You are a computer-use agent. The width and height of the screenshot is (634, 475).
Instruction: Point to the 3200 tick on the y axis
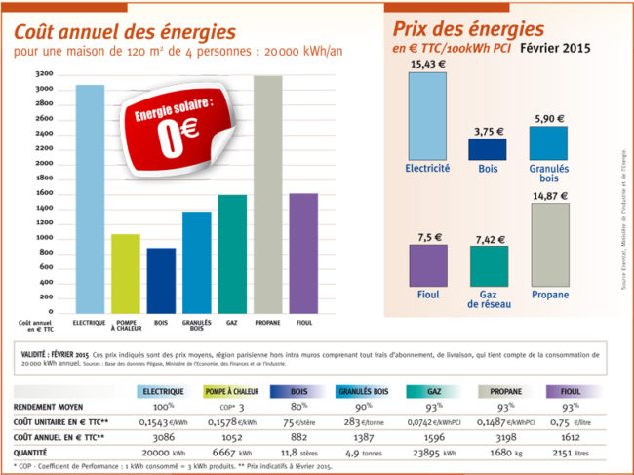pos(43,74)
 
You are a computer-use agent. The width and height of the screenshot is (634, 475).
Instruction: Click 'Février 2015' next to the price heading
pos(557,47)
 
